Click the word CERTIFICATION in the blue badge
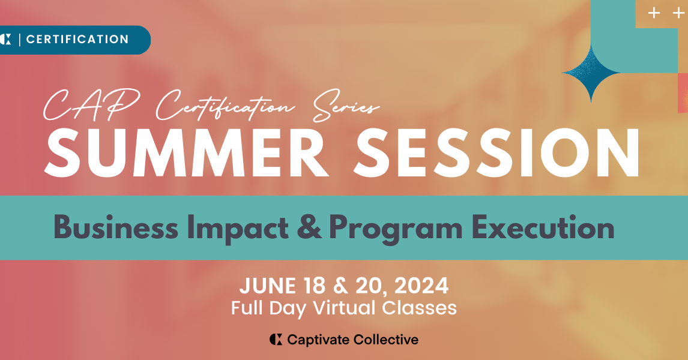pos(77,40)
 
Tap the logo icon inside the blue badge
pos(6,40)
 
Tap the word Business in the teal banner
pos(116,228)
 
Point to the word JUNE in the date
pos(265,286)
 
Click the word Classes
pos(420,308)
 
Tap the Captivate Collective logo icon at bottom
pos(276,340)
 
